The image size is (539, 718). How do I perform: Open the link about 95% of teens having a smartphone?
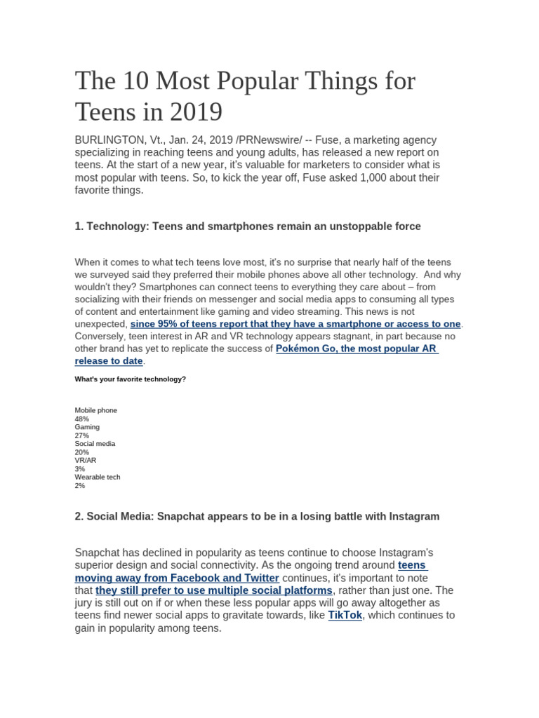pos(295,324)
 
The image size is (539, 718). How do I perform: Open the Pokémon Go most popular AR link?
pos(357,348)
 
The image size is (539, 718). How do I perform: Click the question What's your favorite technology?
pos(131,379)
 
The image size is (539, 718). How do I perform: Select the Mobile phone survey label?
pos(96,410)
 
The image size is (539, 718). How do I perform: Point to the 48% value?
pos(82,419)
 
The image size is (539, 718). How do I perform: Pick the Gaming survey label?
pos(87,427)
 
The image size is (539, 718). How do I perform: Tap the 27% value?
pos(82,435)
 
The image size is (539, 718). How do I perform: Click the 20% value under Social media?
pos(82,452)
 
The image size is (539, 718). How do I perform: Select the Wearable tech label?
pos(98,477)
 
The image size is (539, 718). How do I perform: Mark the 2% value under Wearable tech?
pos(80,485)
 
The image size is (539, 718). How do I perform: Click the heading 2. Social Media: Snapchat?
pos(257,516)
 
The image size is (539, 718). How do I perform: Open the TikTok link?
pos(345,615)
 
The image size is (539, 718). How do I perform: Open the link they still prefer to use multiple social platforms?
pos(214,590)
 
